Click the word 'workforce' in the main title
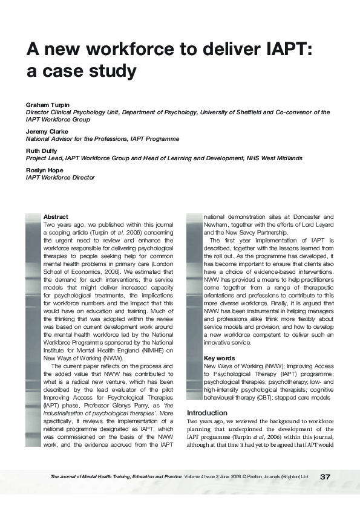point(131,49)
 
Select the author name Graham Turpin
point(47,105)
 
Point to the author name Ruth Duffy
point(42,150)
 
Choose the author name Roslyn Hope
point(44,170)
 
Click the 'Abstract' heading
point(56,216)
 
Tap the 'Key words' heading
point(219,358)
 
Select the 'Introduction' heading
point(208,412)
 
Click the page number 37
point(326,477)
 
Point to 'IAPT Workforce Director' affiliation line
point(60,178)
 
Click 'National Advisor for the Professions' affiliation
point(76,139)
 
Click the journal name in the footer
point(116,477)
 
